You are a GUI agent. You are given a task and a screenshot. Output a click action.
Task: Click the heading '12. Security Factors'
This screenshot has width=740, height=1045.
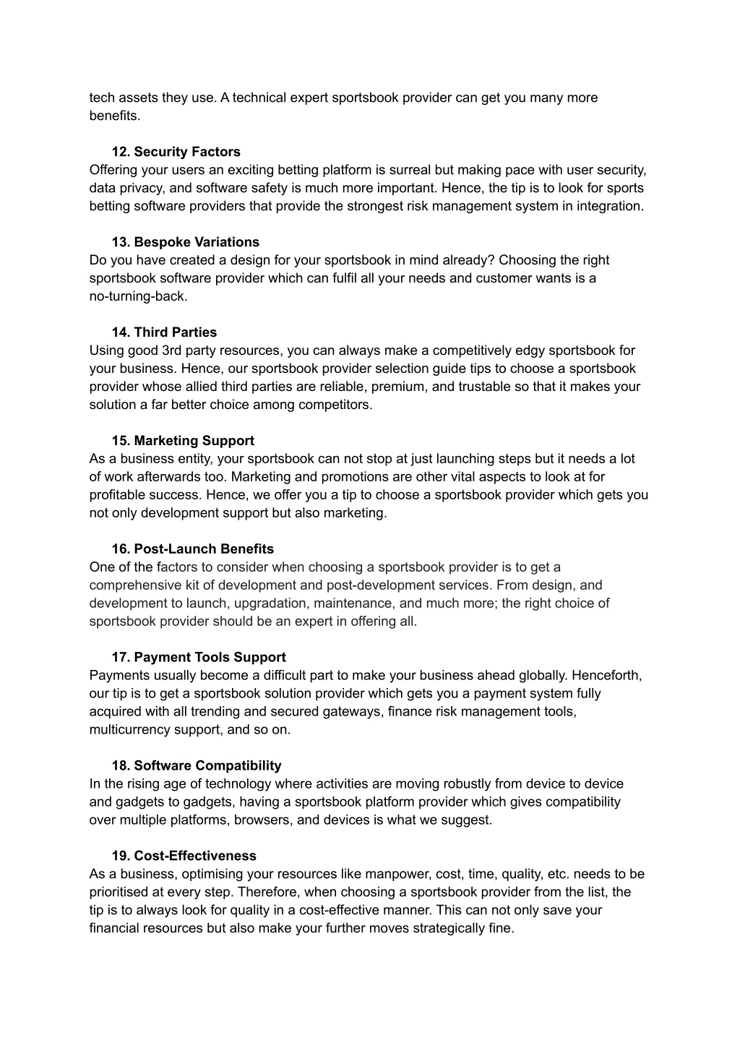176,152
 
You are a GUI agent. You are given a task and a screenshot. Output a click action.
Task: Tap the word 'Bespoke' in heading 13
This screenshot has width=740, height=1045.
162,242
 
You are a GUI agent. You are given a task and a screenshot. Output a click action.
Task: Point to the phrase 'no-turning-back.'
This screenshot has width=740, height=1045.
138,296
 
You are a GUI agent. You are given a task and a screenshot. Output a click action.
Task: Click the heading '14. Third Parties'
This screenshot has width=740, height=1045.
164,332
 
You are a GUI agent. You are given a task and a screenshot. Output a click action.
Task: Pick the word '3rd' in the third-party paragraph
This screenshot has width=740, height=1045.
171,351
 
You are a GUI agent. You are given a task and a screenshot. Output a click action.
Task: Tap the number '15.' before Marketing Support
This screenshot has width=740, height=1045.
121,441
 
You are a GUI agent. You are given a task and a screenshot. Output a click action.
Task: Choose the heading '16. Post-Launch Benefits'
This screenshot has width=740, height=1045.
192,549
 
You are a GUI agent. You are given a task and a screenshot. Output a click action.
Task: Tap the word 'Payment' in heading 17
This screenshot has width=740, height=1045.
160,658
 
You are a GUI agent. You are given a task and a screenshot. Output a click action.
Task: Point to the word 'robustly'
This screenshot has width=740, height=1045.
468,784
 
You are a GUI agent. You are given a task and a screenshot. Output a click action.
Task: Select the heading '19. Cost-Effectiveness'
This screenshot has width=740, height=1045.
184,856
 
